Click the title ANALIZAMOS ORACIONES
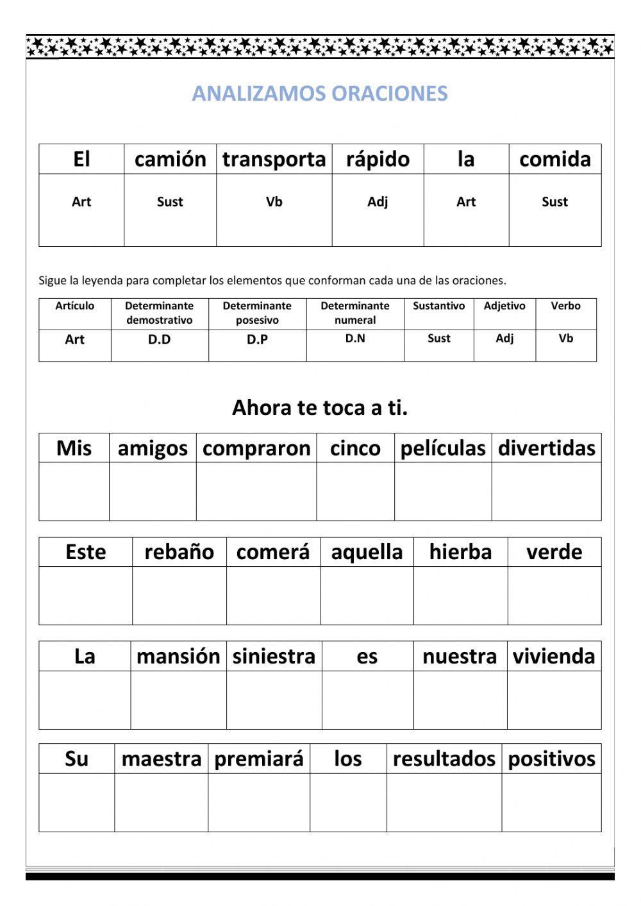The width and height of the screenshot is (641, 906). coord(320,94)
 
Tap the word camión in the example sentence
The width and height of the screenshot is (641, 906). coord(171,159)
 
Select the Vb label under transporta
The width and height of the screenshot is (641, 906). coord(274,202)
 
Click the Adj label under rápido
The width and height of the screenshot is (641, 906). coord(378,202)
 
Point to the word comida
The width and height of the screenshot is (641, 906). coord(555,159)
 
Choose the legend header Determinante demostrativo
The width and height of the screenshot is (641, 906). coord(160,313)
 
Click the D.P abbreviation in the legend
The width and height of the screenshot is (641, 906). coord(257,340)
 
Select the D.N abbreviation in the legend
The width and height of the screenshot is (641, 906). coord(355,339)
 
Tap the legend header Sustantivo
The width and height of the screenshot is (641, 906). coord(439,306)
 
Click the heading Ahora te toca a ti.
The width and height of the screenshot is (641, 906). coord(320,407)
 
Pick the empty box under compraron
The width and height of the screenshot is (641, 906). coord(256,491)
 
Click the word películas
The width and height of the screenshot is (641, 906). coord(443,448)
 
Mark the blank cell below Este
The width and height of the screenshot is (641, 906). coord(85,595)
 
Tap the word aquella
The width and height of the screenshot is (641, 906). coord(367,552)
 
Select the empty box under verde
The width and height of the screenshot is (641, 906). coord(554,595)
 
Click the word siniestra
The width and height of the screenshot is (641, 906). coord(274,656)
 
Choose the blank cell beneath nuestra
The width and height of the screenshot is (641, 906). coord(460,700)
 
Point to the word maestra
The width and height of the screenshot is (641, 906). coord(162,759)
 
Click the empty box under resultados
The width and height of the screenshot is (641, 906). coord(444,802)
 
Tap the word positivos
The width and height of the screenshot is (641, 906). coord(552,759)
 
